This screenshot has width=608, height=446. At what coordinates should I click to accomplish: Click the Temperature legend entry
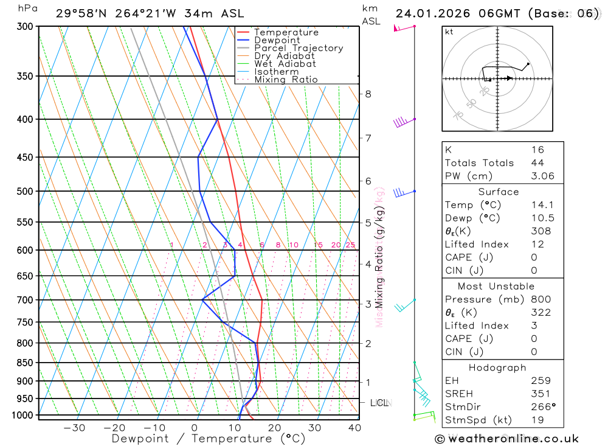pos(286,32)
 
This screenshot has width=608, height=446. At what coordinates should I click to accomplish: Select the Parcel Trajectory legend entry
pos(299,48)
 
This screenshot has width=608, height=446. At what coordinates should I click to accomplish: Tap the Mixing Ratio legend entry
pos(286,80)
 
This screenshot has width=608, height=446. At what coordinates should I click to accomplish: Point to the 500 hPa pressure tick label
pos(25,191)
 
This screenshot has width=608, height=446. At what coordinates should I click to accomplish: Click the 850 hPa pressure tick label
pos(25,363)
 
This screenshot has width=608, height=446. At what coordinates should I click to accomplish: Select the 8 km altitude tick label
pos(368,94)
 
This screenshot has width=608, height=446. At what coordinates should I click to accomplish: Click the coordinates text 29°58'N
pos(80,13)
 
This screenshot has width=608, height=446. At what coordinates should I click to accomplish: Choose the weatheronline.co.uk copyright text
pos(506,439)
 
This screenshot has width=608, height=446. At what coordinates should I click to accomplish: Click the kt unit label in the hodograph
pos(449,32)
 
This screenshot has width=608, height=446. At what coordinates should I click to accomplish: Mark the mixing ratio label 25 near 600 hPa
pos(350,245)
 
